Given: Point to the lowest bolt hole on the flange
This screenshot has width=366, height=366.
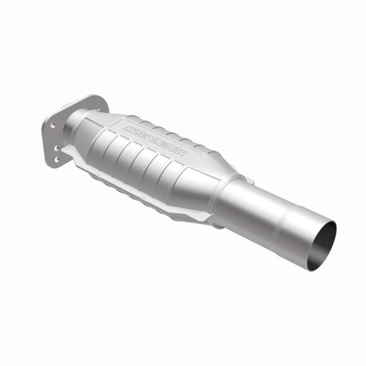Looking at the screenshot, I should (x=57, y=159).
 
